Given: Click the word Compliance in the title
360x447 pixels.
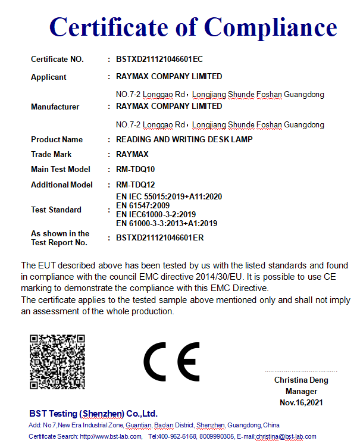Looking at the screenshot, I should point(271,27).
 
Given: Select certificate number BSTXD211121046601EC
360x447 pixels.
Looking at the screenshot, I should point(159,59).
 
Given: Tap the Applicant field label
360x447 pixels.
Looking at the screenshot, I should point(49,77).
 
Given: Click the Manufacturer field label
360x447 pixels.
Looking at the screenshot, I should point(55,107).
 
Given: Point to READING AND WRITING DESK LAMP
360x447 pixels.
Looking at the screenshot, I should point(184,139).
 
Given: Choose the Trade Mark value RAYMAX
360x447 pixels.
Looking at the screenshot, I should point(132,154).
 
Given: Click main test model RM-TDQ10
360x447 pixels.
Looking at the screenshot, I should point(135,170).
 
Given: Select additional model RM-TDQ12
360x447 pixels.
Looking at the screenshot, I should point(135,185).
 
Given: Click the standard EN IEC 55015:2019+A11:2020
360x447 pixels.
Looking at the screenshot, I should point(168,196).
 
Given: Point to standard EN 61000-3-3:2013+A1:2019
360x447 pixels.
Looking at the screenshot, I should point(166,223).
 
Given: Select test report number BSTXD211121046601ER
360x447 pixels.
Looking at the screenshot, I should point(159,238).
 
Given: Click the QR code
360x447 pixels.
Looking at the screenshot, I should point(57,362).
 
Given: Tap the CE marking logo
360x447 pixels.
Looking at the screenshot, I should point(171,362).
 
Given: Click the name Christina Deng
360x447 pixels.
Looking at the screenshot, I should point(301,380).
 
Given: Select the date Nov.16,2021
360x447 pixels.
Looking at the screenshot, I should point(301,403).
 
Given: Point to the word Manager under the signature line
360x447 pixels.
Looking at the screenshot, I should point(301,392).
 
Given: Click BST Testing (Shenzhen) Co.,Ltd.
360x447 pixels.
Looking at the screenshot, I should point(93,413).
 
